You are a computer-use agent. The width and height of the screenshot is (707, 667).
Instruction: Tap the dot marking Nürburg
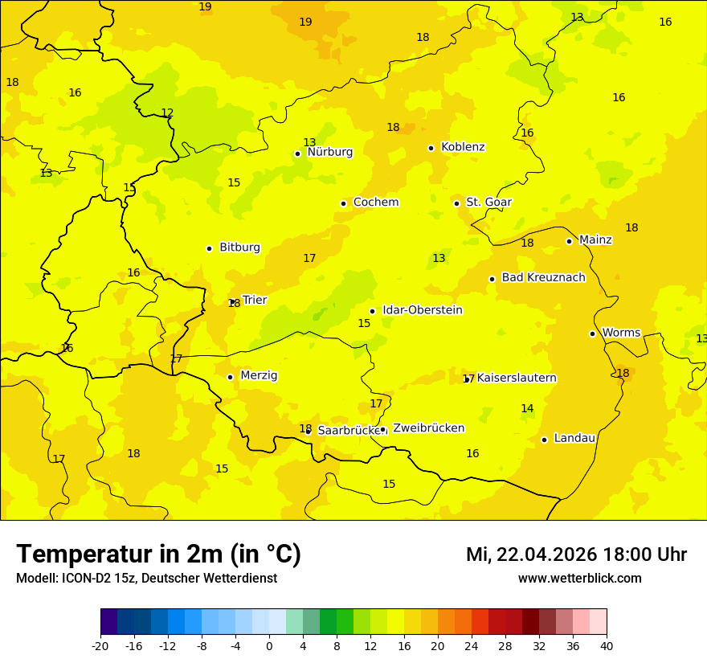point(297,153)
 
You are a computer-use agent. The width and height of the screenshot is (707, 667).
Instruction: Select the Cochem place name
point(375,203)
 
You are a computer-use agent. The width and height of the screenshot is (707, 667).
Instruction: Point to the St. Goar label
point(488,203)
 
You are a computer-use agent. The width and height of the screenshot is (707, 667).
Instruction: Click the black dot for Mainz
point(569,241)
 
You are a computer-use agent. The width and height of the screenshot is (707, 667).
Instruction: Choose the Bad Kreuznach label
point(543,278)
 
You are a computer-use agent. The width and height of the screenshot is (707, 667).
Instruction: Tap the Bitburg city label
point(239,248)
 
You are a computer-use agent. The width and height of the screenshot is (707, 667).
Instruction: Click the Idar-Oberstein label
point(422,310)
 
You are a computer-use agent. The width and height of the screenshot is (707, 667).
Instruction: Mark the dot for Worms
point(592,333)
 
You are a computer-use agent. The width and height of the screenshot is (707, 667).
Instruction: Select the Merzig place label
point(259,375)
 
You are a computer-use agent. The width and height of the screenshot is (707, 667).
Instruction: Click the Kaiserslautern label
point(517,378)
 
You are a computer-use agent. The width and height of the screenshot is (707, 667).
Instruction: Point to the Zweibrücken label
point(428,428)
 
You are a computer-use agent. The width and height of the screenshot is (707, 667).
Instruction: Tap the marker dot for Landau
point(544,440)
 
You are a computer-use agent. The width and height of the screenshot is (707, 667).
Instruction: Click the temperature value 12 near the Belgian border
point(167,113)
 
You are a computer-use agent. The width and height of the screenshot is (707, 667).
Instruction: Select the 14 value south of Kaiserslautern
point(527,409)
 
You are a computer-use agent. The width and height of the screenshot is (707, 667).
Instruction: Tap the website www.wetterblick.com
point(579,579)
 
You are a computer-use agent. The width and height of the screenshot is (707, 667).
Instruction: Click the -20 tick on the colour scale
point(100,646)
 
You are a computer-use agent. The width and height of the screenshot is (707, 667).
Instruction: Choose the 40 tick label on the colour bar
point(607,646)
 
